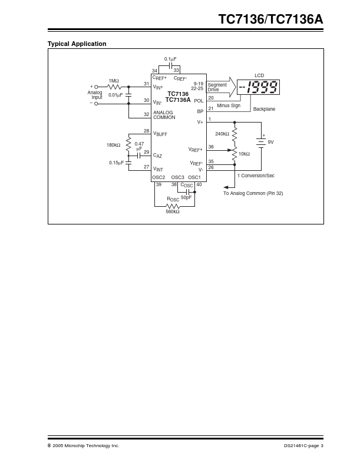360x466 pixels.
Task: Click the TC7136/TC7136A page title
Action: click(270, 19)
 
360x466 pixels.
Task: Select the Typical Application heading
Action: click(77, 44)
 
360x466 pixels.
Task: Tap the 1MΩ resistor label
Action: click(113, 80)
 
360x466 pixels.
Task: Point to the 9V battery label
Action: click(271, 142)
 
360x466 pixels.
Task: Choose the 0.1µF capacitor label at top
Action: click(170, 59)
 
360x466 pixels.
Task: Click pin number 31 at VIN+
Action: click(147, 83)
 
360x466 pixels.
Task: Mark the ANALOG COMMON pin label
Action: click(164, 115)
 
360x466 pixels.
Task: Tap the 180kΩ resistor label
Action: click(113, 145)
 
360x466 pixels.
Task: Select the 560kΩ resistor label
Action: click(172, 211)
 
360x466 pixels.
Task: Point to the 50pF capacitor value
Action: click(186, 197)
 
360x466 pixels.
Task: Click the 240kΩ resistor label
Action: click(222, 134)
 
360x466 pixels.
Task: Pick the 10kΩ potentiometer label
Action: click(244, 154)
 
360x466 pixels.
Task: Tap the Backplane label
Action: click(264, 109)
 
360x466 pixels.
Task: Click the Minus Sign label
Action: click(229, 105)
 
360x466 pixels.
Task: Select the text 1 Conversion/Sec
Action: click(256, 176)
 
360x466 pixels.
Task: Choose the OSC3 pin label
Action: click(177, 177)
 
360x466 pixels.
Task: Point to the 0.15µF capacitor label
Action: click(116, 163)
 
